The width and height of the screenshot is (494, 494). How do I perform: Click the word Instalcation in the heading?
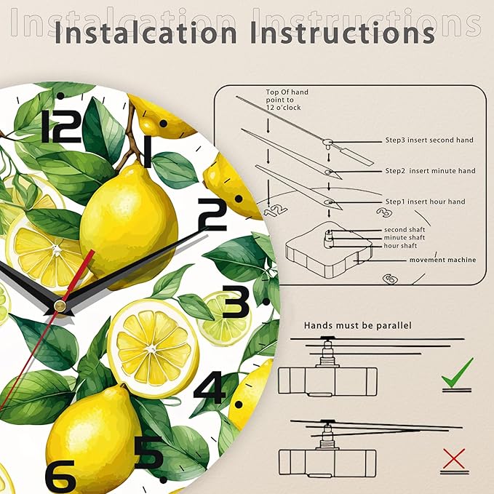(146, 33)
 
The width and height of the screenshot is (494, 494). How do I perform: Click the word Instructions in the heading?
(343, 33)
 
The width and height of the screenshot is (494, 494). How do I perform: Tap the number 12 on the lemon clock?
(62, 126)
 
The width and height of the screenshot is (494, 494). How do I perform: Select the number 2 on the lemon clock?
(212, 215)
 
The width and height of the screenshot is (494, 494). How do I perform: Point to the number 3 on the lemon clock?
(236, 301)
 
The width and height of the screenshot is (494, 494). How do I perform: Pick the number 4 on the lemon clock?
(210, 387)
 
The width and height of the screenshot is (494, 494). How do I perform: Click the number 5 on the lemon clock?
(149, 453)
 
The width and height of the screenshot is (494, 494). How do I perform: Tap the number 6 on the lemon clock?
(60, 477)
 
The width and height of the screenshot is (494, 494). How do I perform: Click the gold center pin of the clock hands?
(60, 306)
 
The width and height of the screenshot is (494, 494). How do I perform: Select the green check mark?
(457, 373)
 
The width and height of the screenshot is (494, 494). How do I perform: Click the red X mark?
(454, 458)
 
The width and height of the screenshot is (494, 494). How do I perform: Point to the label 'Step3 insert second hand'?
(429, 140)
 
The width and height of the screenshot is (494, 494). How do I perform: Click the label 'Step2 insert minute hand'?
(431, 171)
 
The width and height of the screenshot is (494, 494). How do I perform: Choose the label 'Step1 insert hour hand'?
(426, 202)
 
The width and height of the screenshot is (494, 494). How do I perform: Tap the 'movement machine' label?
(442, 260)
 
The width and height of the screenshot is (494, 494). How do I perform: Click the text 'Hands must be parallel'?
(358, 325)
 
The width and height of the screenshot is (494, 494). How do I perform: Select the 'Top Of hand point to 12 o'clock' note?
(287, 100)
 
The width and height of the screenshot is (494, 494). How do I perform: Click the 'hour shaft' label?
(400, 246)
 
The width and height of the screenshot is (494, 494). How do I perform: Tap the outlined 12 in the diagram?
(275, 210)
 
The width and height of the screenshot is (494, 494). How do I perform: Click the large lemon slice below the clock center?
(153, 348)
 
